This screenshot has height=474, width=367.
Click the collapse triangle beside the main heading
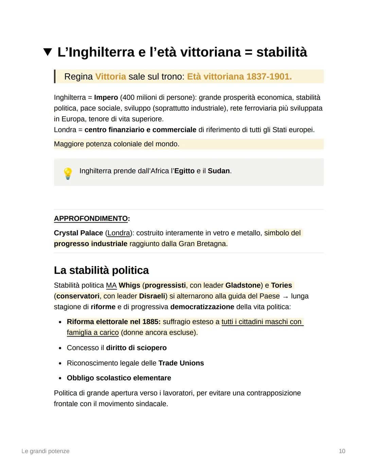[48, 52]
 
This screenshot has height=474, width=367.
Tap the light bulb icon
[68, 173]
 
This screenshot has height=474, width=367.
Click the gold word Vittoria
[110, 77]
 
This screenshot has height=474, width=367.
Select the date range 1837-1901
[269, 77]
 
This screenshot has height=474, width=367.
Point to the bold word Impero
[106, 98]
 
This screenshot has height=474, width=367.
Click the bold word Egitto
[184, 171]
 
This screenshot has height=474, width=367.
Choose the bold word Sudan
[219, 171]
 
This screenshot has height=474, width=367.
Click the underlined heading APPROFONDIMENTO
[91, 219]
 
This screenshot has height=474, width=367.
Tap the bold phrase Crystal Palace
[78, 233]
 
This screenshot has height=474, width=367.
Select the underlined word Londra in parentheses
[119, 233]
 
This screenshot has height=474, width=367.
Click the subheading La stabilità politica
[101, 270]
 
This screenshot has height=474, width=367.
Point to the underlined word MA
[111, 285]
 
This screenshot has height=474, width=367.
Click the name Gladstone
[243, 285]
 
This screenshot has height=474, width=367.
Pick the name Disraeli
[152, 296]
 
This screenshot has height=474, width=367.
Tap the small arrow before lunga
[285, 297]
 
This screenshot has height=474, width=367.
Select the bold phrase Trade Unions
[181, 363]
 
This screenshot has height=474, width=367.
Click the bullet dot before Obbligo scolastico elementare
[60, 378]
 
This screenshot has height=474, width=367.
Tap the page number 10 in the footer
[342, 451]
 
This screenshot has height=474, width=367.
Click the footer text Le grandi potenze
[45, 451]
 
